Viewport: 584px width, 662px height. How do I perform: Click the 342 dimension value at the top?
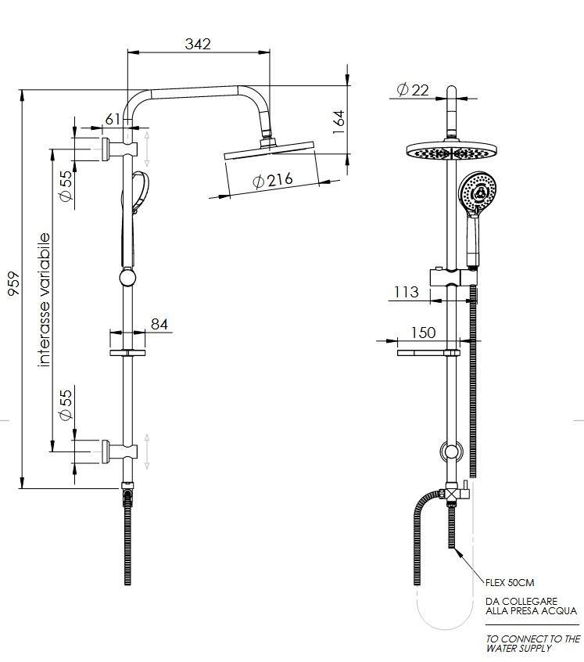pyautogui.click(x=198, y=44)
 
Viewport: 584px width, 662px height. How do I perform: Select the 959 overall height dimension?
pyautogui.click(x=14, y=284)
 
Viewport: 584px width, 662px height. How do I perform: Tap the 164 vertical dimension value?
pyautogui.click(x=339, y=122)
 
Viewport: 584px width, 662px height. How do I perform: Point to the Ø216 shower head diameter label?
pyautogui.click(x=273, y=180)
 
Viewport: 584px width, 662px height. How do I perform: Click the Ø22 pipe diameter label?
pyautogui.click(x=413, y=89)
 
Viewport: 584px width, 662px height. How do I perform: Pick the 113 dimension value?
pyautogui.click(x=407, y=292)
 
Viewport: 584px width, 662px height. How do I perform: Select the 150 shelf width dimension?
pyautogui.click(x=423, y=333)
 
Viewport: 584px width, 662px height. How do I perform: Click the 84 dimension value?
pyautogui.click(x=159, y=324)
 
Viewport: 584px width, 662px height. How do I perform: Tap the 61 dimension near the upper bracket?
pyautogui.click(x=113, y=120)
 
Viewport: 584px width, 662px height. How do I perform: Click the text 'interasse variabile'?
pyautogui.click(x=44, y=300)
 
